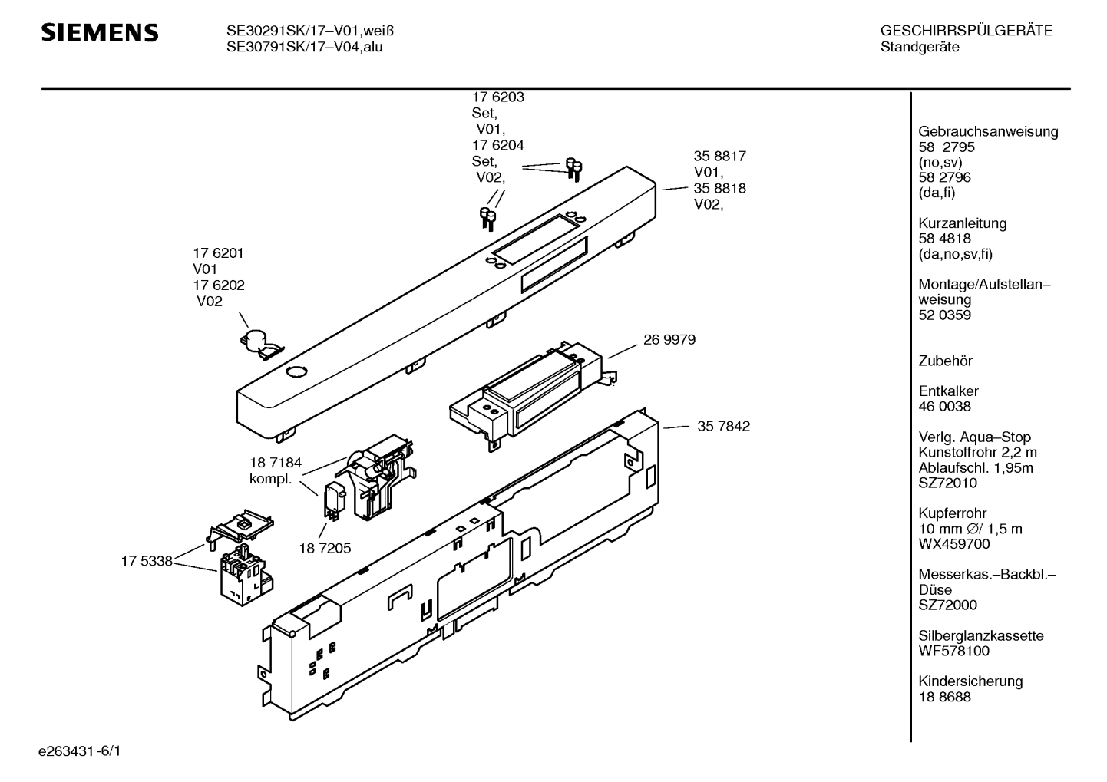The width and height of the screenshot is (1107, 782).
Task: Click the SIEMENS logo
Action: coord(99,32)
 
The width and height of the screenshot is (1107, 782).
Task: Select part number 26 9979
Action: coord(669,340)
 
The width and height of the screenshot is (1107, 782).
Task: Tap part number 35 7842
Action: coord(723,427)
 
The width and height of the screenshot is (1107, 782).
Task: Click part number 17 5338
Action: coord(146,562)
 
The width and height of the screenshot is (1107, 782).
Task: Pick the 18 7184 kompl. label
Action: coord(275,470)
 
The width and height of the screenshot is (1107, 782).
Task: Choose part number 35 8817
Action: coord(719,157)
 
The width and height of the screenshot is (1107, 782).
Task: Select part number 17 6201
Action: coord(218,253)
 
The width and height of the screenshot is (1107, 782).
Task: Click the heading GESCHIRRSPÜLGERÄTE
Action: coord(966,31)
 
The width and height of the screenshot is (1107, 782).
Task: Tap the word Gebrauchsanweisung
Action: coord(988,131)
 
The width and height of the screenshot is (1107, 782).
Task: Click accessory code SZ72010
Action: coord(947,483)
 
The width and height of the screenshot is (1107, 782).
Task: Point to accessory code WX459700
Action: coord(953,544)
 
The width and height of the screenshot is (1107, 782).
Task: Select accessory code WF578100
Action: coord(953,651)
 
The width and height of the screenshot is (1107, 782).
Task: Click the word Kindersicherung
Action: coord(970,681)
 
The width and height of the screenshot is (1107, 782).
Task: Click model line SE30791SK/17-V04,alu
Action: coord(304,47)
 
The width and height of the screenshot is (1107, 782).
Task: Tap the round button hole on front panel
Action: coord(295,372)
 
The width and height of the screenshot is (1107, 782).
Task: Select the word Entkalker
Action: coord(948,391)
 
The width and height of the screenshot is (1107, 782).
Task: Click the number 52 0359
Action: coord(944,315)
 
